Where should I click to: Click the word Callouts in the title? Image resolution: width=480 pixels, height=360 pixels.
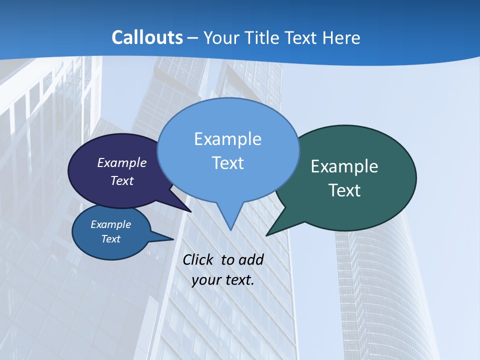[x=147, y=37]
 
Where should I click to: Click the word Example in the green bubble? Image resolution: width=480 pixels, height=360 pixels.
[x=344, y=166]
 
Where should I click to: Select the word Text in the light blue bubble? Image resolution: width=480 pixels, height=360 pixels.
[x=228, y=163]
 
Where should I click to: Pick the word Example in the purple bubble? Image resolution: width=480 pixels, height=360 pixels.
[x=122, y=162]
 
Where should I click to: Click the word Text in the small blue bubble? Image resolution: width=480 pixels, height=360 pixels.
[x=110, y=239]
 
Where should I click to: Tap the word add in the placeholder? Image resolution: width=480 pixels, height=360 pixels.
[x=251, y=259]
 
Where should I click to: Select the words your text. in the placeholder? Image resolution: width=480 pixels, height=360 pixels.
[x=223, y=280]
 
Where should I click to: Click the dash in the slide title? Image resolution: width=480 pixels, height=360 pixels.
[x=193, y=37]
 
